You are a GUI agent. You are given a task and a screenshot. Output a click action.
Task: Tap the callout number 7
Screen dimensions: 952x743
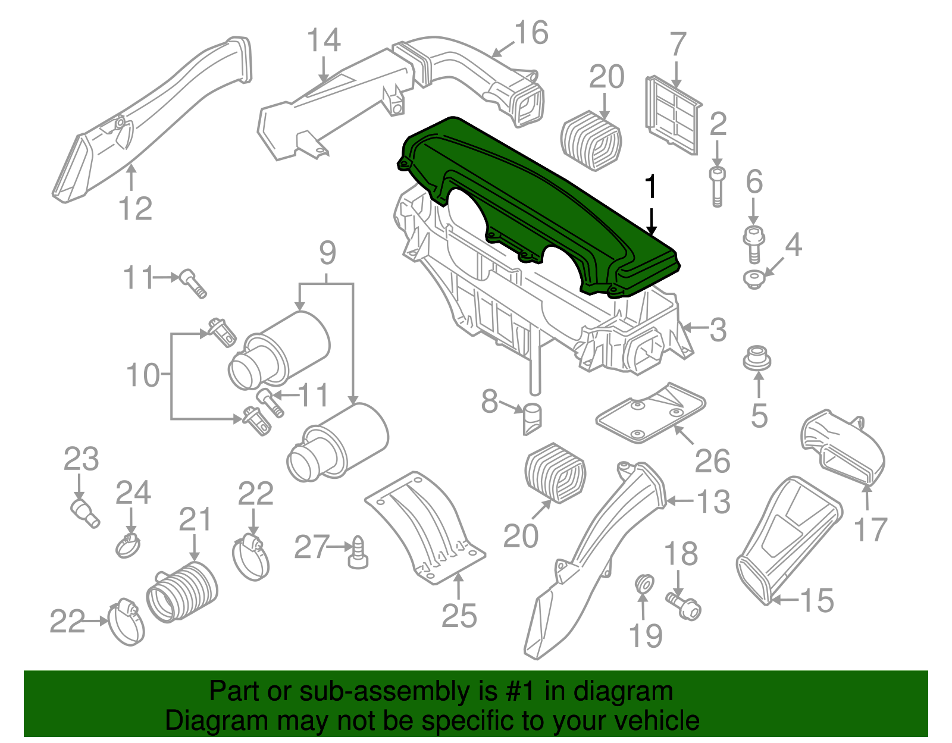click(678, 45)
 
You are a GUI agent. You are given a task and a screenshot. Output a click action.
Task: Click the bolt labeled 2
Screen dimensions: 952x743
click(717, 186)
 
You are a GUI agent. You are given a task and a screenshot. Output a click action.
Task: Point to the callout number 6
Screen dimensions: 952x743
click(754, 182)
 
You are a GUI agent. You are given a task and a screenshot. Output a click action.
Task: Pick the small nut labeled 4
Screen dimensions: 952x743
click(754, 278)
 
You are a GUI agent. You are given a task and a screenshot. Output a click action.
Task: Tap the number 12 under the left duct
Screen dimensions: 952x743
click(135, 209)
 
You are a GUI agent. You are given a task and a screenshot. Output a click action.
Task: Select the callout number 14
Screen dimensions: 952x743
click(324, 41)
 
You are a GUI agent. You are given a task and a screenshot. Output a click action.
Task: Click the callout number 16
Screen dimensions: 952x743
click(531, 33)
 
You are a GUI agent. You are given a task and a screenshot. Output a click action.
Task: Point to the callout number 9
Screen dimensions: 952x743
click(327, 253)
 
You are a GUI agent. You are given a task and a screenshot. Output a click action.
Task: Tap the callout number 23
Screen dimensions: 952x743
click(81, 460)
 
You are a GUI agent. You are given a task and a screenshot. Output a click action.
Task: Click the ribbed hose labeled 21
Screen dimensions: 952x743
click(182, 591)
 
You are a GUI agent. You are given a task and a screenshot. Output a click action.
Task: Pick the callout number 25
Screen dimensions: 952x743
click(459, 616)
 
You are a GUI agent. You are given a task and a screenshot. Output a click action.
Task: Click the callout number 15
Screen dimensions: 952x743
click(817, 601)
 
